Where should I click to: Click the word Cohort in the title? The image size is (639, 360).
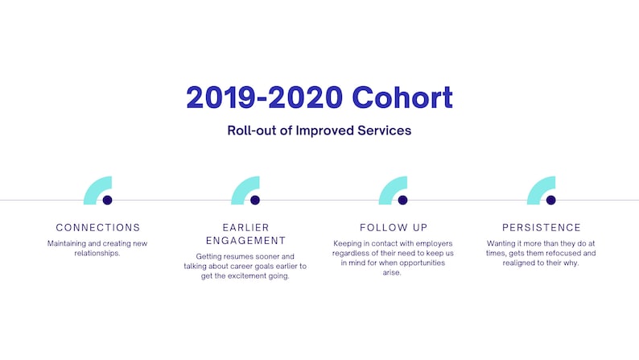click(x=402, y=97)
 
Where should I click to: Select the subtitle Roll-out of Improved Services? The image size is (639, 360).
click(x=319, y=130)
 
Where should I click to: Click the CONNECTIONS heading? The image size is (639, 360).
click(x=98, y=228)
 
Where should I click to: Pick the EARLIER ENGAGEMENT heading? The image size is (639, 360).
click(x=245, y=234)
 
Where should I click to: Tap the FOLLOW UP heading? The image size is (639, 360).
click(x=394, y=228)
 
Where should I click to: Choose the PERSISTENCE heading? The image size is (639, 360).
click(x=541, y=228)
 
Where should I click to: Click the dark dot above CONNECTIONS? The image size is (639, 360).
click(x=107, y=200)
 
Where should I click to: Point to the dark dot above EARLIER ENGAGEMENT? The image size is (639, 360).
click(x=255, y=200)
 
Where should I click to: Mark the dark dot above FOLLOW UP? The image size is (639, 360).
click(x=402, y=200)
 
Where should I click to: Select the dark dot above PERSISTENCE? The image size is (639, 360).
click(x=550, y=200)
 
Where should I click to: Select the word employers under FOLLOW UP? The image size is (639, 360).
click(x=432, y=243)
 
